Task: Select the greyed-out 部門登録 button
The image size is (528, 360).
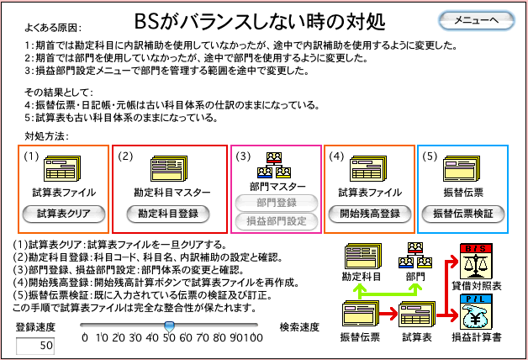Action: click(277, 203)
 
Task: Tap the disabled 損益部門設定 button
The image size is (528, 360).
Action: click(277, 221)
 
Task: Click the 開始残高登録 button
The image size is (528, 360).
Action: click(370, 214)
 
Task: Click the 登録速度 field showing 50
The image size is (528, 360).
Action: click(35, 344)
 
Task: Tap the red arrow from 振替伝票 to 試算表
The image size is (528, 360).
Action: click(388, 317)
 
